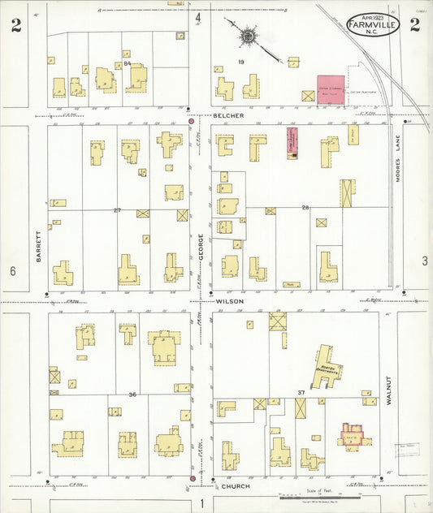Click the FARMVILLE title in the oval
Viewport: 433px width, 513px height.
pyautogui.click(x=374, y=26)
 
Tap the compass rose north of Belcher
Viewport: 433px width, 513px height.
pyautogui.click(x=247, y=36)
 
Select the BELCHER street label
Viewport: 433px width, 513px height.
pyautogui.click(x=229, y=116)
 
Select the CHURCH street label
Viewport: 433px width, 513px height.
pyautogui.click(x=231, y=488)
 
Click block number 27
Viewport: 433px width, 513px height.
pyautogui.click(x=117, y=210)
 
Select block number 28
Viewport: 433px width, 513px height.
pyautogui.click(x=306, y=209)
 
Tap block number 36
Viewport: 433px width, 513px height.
pyautogui.click(x=132, y=394)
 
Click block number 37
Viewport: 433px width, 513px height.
pyautogui.click(x=301, y=393)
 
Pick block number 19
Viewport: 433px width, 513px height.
pyautogui.click(x=241, y=63)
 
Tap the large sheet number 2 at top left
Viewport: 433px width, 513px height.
pyautogui.click(x=15, y=24)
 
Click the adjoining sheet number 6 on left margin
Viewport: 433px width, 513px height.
pyautogui.click(x=13, y=269)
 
